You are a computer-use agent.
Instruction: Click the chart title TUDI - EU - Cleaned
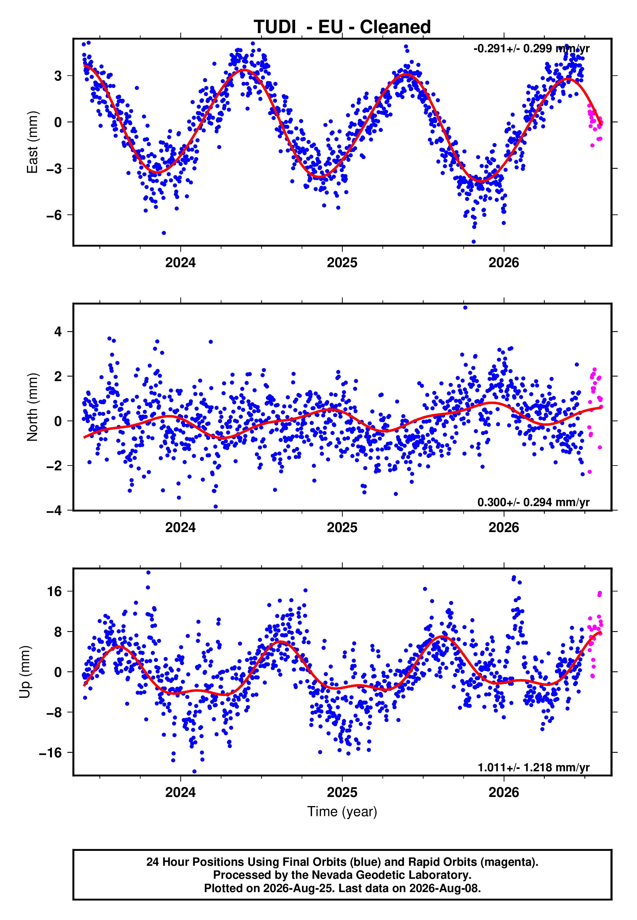point(342,27)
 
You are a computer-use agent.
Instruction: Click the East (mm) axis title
point(32,142)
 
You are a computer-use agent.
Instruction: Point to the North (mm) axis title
point(32,407)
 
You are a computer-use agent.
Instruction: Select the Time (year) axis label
point(342,812)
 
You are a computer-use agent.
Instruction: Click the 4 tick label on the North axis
point(58,331)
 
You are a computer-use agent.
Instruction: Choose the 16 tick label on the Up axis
point(55,591)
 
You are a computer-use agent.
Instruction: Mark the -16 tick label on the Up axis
point(50,752)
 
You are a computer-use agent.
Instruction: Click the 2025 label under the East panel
point(342,263)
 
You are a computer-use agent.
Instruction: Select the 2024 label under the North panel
point(181,528)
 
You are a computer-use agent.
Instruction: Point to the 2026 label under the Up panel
point(504,792)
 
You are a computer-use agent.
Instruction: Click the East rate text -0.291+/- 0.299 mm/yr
point(531,49)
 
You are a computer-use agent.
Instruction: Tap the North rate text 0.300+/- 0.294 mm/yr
point(533,502)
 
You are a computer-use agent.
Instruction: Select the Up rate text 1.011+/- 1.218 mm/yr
point(533,767)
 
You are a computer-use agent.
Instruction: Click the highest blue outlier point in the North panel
point(465,308)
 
